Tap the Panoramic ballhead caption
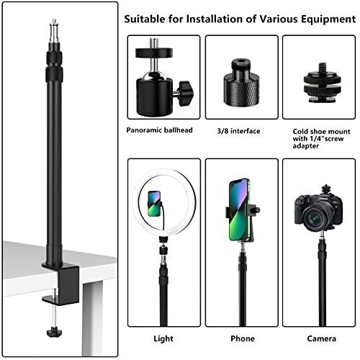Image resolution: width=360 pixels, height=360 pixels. pyautogui.click(x=159, y=130)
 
